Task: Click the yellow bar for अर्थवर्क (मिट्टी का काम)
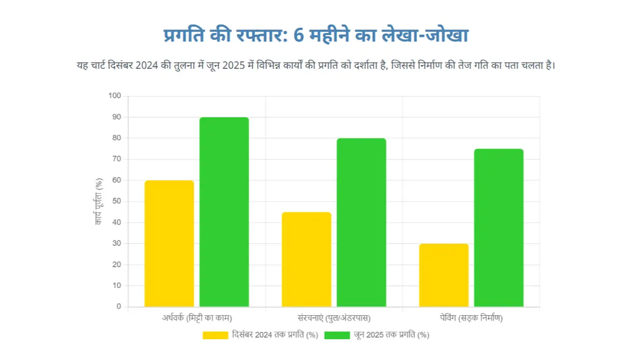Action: tap(169, 244)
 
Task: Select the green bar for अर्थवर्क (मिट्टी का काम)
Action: tap(224, 212)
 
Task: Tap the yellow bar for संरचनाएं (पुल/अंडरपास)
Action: tap(306, 260)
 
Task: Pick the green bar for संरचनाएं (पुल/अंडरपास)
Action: tap(361, 222)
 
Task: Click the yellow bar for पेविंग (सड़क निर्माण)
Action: tap(444, 275)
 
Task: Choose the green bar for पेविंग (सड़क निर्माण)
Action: tap(499, 228)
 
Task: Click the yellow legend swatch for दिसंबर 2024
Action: tap(216, 335)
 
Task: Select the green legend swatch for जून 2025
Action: tap(337, 335)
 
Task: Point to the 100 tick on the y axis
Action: tap(115, 96)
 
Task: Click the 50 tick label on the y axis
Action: tap(117, 202)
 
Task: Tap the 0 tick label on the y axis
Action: tap(119, 307)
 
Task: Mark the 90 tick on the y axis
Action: tap(117, 117)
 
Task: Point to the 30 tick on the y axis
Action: tap(117, 244)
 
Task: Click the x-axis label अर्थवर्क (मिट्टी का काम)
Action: tap(197, 318)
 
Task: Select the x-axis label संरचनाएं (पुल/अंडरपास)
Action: tap(334, 318)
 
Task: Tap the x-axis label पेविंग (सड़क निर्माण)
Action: tap(471, 318)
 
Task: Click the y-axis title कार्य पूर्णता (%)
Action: tap(99, 202)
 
